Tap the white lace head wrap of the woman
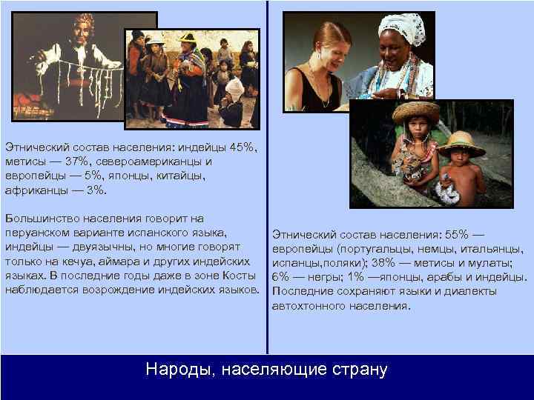coord(400,28)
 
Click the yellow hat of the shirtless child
coord(460,141)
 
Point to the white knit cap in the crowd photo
coord(235,88)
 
